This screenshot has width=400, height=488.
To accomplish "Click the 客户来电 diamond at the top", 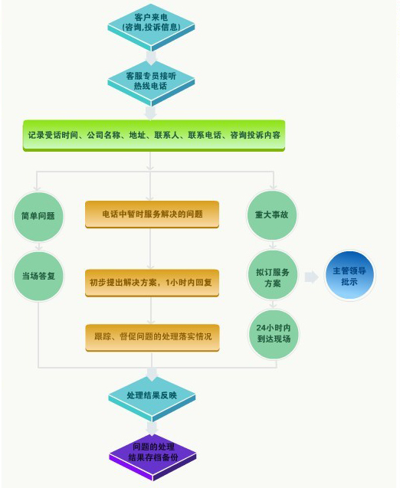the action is [151, 27].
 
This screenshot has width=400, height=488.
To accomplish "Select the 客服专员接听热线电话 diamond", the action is [151, 84].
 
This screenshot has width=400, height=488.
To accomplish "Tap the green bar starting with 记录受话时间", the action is [154, 136].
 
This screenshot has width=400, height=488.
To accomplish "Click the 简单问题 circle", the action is [38, 216].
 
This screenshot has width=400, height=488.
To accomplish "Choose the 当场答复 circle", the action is [38, 276].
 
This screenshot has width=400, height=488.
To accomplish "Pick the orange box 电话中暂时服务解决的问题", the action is [152, 215].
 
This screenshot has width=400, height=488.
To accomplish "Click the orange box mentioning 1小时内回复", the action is [152, 283].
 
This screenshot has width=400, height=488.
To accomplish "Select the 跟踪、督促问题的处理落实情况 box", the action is [152, 338].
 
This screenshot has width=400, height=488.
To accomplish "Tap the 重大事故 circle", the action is [272, 215].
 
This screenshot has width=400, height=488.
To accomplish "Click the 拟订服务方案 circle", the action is [273, 275].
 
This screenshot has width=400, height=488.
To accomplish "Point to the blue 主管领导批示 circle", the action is [349, 276].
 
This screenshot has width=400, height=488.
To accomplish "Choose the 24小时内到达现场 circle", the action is [274, 334].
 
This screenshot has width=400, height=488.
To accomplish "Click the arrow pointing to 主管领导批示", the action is [311, 277].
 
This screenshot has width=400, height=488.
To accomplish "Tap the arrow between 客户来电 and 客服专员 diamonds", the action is [151, 58].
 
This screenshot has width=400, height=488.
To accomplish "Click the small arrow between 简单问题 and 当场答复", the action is [38, 246].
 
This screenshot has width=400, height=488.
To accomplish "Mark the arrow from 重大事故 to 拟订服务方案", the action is [273, 244].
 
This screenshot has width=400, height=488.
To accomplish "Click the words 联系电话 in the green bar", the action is [205, 135].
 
